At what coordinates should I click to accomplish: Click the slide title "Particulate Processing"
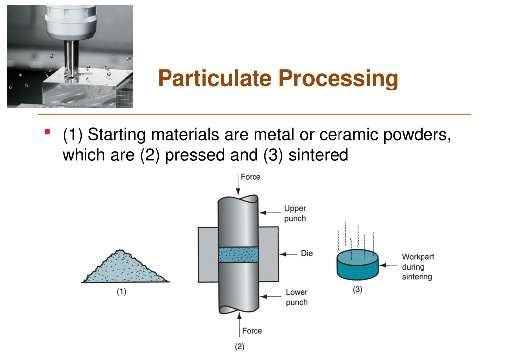pyautogui.click(x=278, y=79)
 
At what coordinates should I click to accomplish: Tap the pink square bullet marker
pyautogui.click(x=47, y=132)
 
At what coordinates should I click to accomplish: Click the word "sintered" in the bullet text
pyautogui.click(x=319, y=155)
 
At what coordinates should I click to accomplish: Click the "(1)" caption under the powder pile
pyautogui.click(x=121, y=292)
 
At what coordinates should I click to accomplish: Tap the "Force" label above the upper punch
pyautogui.click(x=250, y=177)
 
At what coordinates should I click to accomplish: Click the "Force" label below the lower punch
pyautogui.click(x=252, y=331)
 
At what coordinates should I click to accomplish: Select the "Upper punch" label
pyautogui.click(x=295, y=214)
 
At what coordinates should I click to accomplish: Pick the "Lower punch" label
pyautogui.click(x=296, y=297)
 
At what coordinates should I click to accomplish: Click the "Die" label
pyautogui.click(x=307, y=253)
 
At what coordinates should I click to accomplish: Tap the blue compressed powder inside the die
pyautogui.click(x=239, y=254)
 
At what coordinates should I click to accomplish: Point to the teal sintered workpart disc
pyautogui.click(x=357, y=266)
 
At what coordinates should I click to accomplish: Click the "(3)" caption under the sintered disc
pyautogui.click(x=357, y=291)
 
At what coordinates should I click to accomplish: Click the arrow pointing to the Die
pyautogui.click(x=288, y=253)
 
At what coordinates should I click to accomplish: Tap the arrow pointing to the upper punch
pyautogui.click(x=270, y=212)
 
